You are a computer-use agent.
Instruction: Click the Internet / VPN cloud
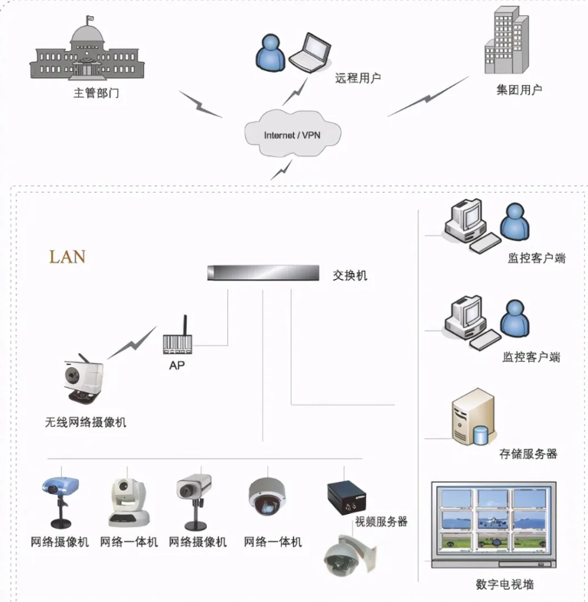tap(292, 134)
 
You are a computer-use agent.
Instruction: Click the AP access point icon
tap(177, 338)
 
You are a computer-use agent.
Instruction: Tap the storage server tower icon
tap(472, 417)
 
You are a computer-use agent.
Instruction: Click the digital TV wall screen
tap(493, 523)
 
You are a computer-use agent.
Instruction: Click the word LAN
tap(67, 256)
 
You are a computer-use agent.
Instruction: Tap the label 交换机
tap(351, 275)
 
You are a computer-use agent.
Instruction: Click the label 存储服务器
tap(528, 454)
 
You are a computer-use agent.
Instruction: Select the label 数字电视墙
tap(505, 584)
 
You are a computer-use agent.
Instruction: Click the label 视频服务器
tap(381, 522)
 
